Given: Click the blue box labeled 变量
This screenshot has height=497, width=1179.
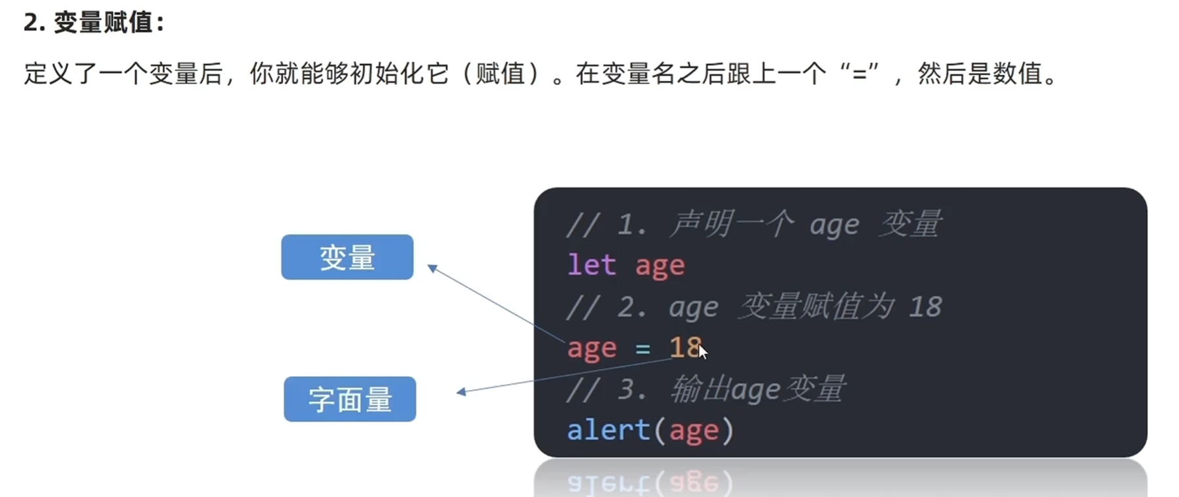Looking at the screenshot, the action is [347, 257].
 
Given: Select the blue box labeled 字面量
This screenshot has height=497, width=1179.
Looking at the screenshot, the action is [349, 399].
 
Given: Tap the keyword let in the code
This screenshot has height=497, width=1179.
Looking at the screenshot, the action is [591, 265].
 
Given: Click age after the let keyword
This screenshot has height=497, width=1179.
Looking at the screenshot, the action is [660, 266].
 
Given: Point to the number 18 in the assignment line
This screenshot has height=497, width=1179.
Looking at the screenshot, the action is [684, 347].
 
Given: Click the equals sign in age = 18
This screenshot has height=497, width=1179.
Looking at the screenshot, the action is [643, 349].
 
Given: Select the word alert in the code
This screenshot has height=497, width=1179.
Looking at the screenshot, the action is [608, 430].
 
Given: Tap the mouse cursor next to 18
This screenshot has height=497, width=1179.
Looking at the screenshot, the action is [702, 351].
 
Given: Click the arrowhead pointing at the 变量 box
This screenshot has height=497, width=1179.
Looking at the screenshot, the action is [432, 267].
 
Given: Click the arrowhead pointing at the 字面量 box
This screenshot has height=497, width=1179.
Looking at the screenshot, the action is [461, 392].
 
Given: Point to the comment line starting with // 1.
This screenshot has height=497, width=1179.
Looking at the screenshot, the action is [753, 224].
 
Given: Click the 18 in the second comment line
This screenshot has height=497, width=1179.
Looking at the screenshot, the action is [925, 306].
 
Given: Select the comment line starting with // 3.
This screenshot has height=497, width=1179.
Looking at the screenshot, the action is [706, 389].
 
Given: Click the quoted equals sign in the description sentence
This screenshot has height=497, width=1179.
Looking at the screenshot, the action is [860, 73].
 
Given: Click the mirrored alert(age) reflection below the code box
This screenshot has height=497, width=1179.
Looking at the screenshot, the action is [650, 483].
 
